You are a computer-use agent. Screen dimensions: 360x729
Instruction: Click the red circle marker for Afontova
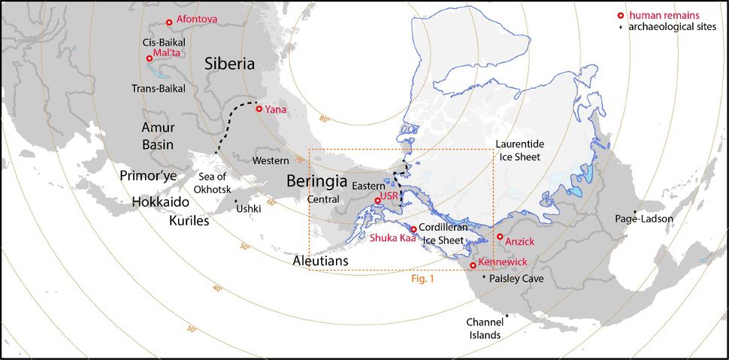tap(170, 23)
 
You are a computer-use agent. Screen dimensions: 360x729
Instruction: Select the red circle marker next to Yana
tap(259, 109)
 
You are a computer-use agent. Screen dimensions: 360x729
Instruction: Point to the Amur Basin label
tap(159, 137)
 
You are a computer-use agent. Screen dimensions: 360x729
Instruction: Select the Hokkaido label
tap(159, 202)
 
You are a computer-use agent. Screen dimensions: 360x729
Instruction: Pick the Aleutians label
tap(321, 260)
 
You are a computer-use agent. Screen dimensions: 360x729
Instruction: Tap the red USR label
tap(389, 195)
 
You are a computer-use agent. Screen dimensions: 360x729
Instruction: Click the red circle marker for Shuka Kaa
tap(413, 229)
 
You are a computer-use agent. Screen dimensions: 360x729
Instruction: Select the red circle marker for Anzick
tap(500, 237)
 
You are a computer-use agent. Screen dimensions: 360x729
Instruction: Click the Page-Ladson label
tap(646, 219)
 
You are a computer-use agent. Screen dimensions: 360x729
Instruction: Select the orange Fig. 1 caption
tap(423, 278)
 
